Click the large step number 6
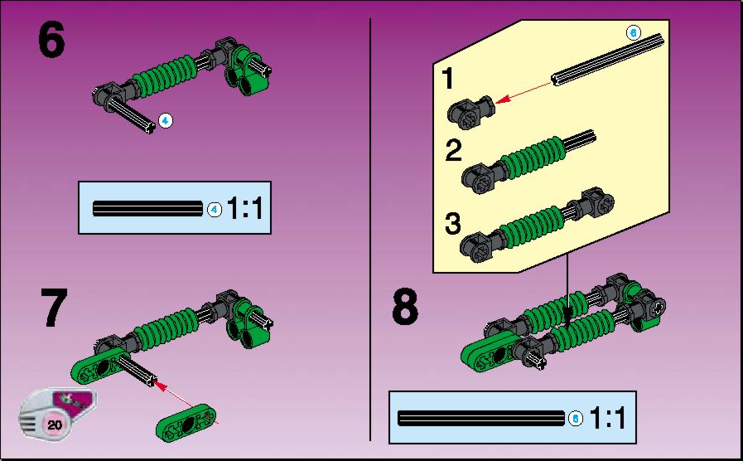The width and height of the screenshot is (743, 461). click(x=51, y=41)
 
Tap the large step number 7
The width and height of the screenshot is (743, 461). click(x=54, y=308)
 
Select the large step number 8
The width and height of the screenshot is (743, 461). click(x=405, y=307)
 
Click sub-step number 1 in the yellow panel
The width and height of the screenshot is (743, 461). click(x=448, y=78)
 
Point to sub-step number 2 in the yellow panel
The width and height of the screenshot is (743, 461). click(x=453, y=150)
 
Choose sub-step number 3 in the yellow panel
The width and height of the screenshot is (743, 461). click(x=453, y=223)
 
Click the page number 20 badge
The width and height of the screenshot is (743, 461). click(x=55, y=424)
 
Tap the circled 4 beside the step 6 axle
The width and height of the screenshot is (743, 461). click(x=165, y=121)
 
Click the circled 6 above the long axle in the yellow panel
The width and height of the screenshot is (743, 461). click(x=633, y=32)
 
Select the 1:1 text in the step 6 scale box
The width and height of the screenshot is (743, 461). click(x=244, y=208)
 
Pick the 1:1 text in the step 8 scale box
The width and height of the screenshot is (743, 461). click(x=607, y=418)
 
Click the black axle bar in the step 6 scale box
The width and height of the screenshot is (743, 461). click(x=147, y=208)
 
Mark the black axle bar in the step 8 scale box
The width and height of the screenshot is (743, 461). click(x=481, y=419)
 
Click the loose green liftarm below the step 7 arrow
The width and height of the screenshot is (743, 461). click(x=186, y=422)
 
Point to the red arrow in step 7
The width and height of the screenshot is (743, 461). click(x=186, y=402)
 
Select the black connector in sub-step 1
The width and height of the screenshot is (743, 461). click(x=470, y=111)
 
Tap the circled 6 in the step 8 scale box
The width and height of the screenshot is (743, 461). click(x=575, y=419)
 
